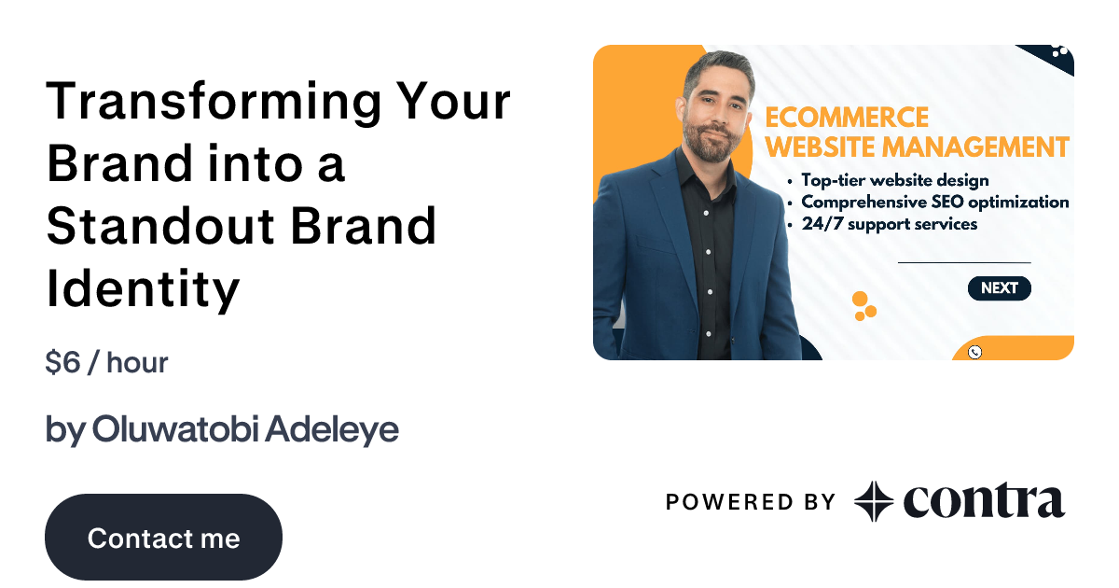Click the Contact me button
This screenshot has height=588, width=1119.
(x=163, y=538)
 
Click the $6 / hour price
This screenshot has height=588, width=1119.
(x=106, y=362)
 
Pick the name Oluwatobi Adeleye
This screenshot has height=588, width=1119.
(x=245, y=429)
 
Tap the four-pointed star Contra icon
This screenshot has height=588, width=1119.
(x=874, y=501)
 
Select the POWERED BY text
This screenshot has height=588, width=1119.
(x=751, y=502)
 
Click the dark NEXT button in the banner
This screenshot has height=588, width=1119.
(x=999, y=288)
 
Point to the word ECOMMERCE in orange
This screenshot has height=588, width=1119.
(x=847, y=118)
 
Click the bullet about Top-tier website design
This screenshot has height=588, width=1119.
(x=893, y=180)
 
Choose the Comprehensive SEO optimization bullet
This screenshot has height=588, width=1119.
(x=934, y=202)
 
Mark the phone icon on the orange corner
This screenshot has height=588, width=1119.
(x=974, y=352)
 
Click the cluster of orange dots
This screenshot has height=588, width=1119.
(x=863, y=306)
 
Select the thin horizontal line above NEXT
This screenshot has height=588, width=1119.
(x=963, y=263)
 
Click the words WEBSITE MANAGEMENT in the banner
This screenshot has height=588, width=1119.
(x=917, y=147)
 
